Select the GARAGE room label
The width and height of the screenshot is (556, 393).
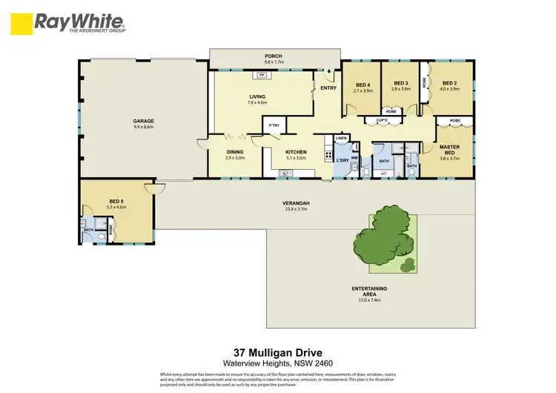coord(142,120)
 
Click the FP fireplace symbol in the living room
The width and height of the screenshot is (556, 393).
coord(262,75)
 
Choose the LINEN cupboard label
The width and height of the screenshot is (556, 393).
coord(341,139)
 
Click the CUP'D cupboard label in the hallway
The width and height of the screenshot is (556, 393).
coord(383,119)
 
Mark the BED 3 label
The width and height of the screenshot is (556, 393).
coord(401,82)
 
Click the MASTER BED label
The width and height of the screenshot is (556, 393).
coord(449,149)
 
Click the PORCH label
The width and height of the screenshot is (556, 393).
coord(274,56)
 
